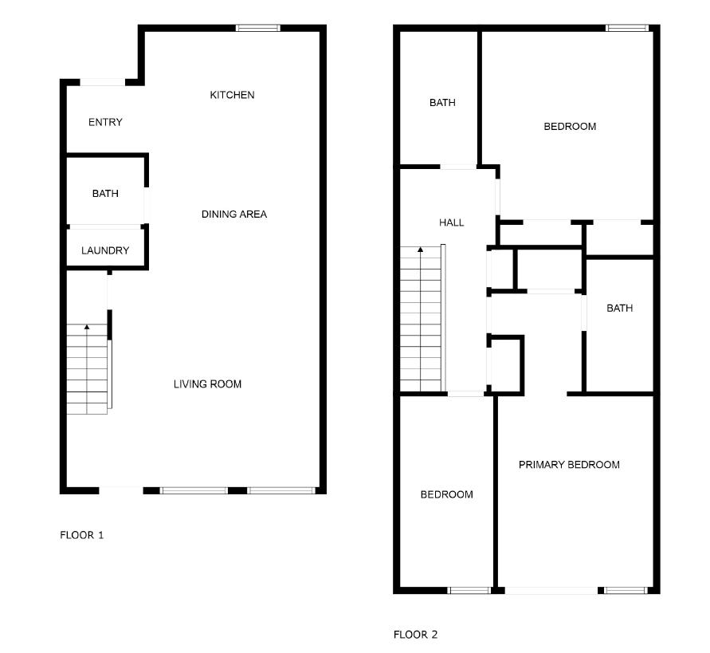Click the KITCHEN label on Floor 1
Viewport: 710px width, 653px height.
[232, 95]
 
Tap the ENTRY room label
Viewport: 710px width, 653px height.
[105, 122]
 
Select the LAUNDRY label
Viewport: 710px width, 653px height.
[105, 250]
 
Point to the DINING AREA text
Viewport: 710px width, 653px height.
[233, 214]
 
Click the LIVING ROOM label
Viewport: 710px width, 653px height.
[207, 384]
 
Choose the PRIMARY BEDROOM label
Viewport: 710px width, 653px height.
[569, 464]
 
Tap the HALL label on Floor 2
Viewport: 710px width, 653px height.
[451, 222]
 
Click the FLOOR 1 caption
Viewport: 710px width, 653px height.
[82, 535]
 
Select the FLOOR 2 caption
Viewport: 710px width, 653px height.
[415, 635]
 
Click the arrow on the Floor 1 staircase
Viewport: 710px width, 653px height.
[86, 327]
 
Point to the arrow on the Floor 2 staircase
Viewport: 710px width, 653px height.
[420, 250]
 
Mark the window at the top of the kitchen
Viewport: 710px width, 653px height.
[257, 29]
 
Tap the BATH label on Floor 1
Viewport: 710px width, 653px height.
[105, 193]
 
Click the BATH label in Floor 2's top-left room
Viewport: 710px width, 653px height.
[442, 102]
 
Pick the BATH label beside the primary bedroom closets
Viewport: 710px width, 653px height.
[619, 308]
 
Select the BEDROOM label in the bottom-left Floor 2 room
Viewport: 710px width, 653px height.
[446, 494]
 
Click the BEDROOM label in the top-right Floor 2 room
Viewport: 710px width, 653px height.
[570, 126]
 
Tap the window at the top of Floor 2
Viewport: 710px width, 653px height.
[626, 29]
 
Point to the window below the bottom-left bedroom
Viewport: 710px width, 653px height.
[469, 591]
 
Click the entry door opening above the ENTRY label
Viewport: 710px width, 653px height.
[103, 81]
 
